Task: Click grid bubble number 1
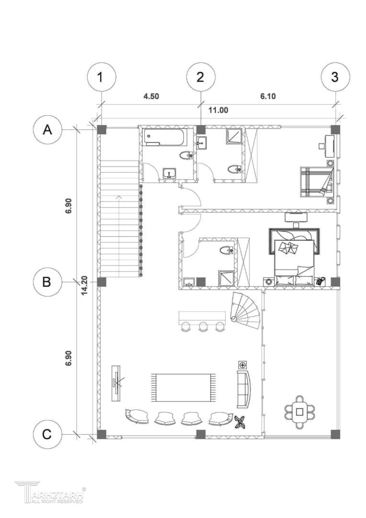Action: point(101,78)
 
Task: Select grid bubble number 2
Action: point(201,78)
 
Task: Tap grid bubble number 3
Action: point(335,78)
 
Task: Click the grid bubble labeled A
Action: point(48,130)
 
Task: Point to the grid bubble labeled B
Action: point(48,282)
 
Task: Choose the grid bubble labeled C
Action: point(48,434)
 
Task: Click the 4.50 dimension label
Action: point(151,96)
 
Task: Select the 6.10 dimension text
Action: point(268,96)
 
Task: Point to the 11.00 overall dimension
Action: point(218,110)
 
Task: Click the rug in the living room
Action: point(183,388)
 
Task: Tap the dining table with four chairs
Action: point(300,412)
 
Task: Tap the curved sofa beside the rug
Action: point(244,389)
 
